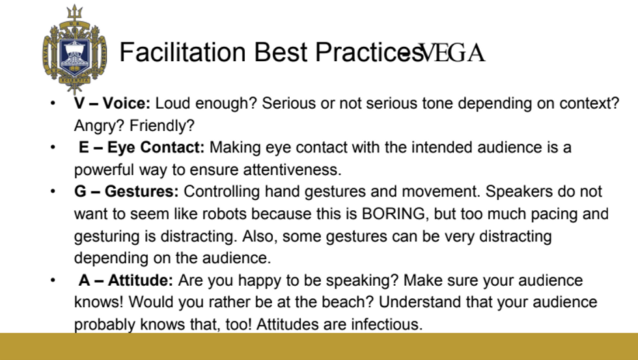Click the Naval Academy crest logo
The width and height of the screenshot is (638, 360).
(x=74, y=49)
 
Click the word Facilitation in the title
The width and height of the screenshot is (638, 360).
(x=183, y=52)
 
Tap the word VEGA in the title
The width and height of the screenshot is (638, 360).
(x=452, y=53)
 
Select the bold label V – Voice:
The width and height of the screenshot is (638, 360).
(x=112, y=104)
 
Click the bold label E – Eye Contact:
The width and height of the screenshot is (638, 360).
(x=142, y=147)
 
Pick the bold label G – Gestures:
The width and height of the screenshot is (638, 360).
(x=126, y=191)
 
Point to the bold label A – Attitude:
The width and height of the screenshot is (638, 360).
(x=126, y=280)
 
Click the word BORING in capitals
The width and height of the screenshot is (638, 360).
(x=393, y=214)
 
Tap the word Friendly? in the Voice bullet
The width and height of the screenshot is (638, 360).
(x=162, y=126)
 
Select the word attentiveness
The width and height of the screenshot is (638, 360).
(x=292, y=170)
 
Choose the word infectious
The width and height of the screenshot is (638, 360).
(x=387, y=324)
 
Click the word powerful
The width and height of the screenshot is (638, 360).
(x=104, y=170)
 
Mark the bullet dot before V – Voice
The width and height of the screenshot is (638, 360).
(x=53, y=104)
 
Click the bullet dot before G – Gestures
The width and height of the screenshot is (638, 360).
(x=53, y=191)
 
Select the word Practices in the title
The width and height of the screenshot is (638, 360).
(x=370, y=52)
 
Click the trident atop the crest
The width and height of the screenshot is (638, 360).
(x=74, y=12)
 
